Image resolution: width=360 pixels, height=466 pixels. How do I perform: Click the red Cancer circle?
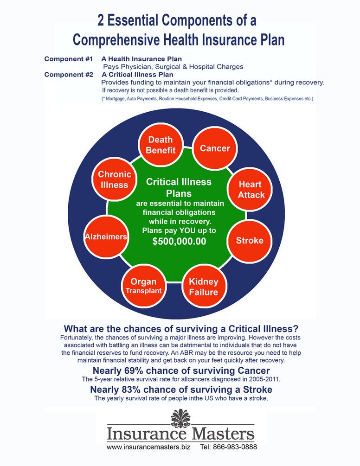(x=215, y=148)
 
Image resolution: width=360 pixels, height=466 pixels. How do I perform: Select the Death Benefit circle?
(x=161, y=145)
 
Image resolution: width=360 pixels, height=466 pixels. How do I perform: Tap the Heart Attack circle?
(x=251, y=190)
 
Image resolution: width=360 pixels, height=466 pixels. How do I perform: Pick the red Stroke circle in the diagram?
(x=249, y=240)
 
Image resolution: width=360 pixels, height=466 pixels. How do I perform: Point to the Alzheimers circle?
(x=106, y=236)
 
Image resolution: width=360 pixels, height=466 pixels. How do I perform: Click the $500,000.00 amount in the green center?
(x=179, y=241)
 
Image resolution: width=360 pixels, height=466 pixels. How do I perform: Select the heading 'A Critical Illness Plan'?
(x=137, y=74)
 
